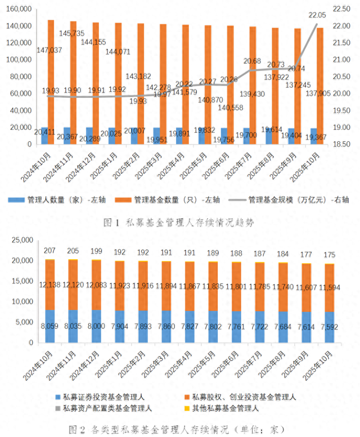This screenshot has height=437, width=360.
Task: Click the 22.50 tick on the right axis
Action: pos(342,10)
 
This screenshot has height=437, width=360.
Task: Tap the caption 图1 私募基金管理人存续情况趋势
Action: pos(179,222)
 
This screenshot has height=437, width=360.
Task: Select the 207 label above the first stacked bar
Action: pos(49,250)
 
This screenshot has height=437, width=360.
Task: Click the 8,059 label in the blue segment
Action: pos(49,325)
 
